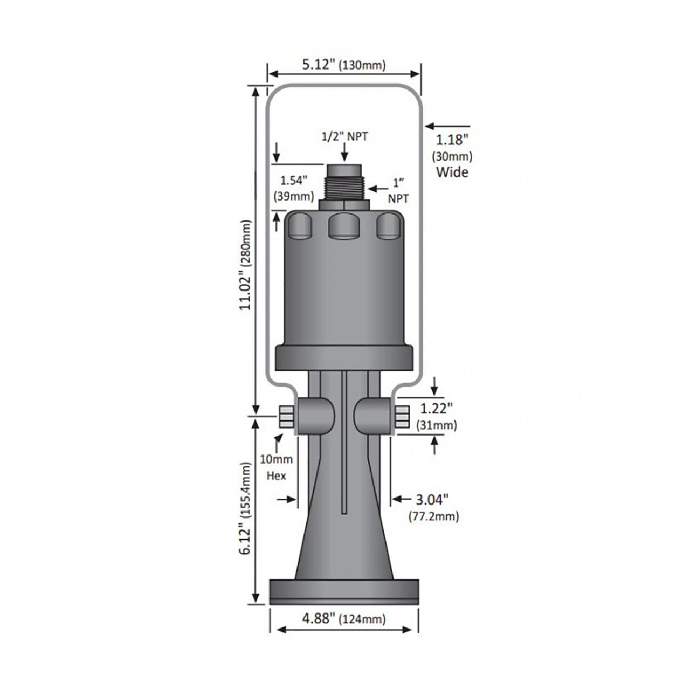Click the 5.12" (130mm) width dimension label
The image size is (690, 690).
coord(343,65)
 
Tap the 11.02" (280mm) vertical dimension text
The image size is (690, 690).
coord(246,264)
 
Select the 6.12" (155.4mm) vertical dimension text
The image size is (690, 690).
coord(246,508)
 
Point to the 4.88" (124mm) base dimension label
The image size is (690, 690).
coord(343,618)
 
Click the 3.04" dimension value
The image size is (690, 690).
coord(432,500)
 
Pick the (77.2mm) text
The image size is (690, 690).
coord(434,516)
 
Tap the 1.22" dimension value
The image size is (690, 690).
coord(436,408)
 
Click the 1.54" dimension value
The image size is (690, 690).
coord(294,180)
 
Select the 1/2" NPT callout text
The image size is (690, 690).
coord(344,136)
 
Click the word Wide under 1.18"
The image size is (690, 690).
coord(452,172)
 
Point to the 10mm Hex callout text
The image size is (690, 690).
coord(276,467)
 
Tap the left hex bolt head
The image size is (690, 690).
coord(286,417)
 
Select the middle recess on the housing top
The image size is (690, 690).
coord(344,226)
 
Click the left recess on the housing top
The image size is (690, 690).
coord(300,226)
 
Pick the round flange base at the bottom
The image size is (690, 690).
coord(344,592)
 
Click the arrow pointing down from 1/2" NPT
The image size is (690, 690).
coord(344,153)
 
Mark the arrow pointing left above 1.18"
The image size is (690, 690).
coord(446,127)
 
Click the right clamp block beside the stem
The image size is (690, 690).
coord(372,416)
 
